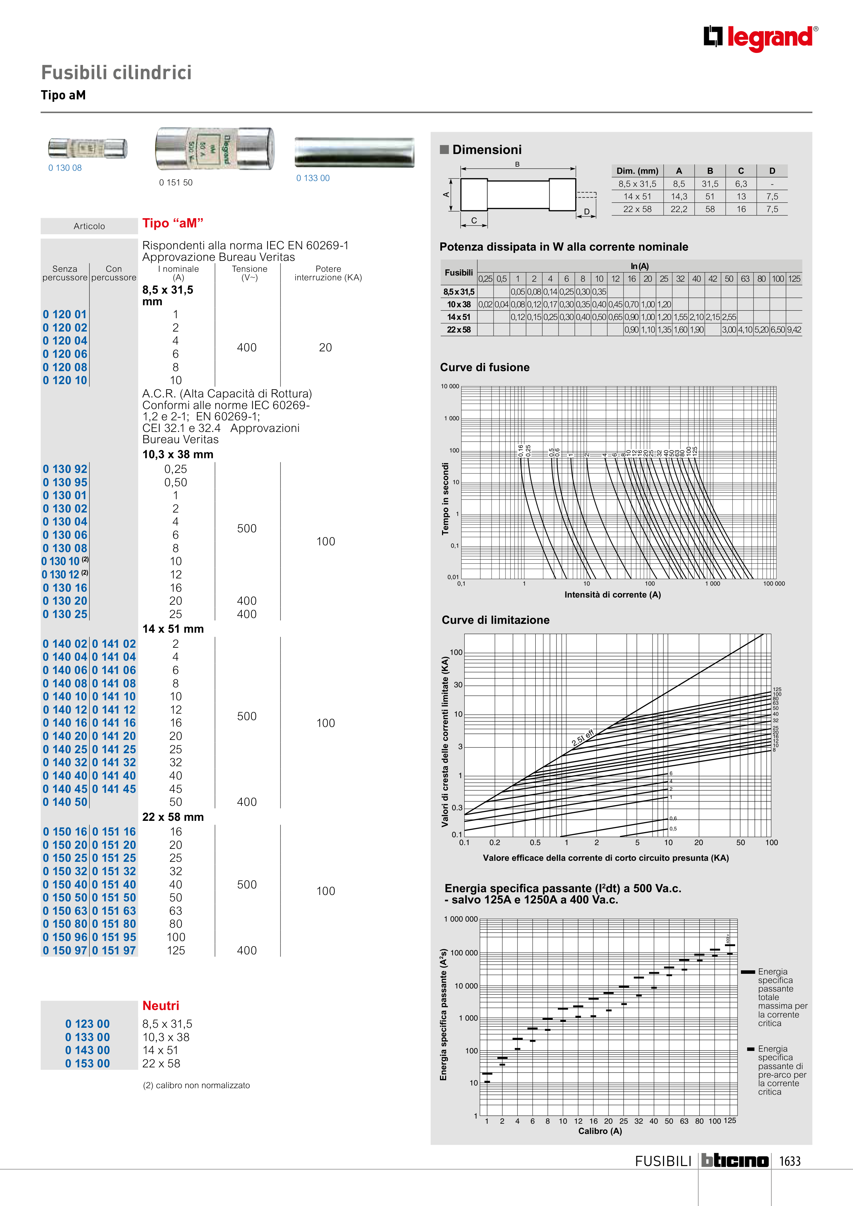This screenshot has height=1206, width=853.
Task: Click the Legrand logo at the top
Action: coord(760,38)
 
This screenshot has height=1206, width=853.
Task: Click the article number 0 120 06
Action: coord(65,354)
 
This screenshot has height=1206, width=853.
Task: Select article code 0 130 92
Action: coord(65,469)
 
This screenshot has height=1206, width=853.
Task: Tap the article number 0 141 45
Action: coord(114,789)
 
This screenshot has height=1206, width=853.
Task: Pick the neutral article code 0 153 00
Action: coord(88,1064)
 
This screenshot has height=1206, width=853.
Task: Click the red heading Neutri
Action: coord(161,1006)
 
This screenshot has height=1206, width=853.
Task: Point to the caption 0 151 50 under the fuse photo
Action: coord(176,183)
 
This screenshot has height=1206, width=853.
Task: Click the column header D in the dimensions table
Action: coord(772,171)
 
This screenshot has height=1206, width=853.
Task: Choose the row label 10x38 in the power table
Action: coord(459,305)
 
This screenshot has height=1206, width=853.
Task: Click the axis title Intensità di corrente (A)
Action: coord(612,594)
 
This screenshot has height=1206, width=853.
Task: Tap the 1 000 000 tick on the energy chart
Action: coord(461,919)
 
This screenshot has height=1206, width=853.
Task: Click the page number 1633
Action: coord(789,1161)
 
